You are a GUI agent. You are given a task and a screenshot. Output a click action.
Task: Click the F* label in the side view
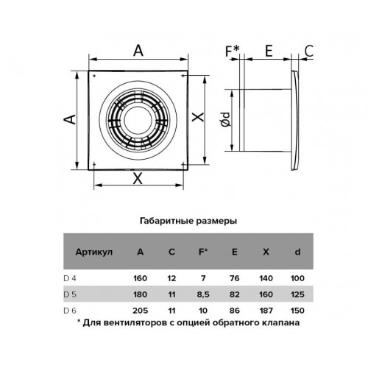(232, 51)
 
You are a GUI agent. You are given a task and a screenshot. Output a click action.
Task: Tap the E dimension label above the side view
(269, 51)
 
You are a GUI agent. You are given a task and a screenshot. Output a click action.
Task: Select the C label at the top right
(309, 51)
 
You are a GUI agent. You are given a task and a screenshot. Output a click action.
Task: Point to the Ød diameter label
(226, 120)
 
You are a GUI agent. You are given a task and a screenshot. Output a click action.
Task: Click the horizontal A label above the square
(138, 51)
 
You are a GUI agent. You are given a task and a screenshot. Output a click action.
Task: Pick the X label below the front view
(138, 178)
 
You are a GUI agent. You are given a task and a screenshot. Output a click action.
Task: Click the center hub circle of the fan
(138, 120)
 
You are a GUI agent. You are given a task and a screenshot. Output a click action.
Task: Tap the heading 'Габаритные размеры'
(188, 221)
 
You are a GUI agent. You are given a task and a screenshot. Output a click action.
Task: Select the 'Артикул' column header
(94, 252)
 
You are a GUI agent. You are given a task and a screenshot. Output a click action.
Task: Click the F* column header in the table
(203, 252)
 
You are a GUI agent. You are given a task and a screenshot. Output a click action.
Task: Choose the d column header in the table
(297, 252)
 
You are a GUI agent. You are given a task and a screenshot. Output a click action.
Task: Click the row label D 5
(70, 294)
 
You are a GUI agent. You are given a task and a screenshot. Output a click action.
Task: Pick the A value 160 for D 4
(141, 278)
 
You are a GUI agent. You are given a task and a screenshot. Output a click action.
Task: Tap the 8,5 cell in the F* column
(203, 294)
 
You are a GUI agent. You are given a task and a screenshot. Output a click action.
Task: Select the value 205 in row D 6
(141, 311)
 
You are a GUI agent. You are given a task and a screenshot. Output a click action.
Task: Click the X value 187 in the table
(266, 311)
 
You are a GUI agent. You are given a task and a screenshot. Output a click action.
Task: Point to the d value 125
(297, 294)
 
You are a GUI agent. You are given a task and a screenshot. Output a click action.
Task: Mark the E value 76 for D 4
(235, 278)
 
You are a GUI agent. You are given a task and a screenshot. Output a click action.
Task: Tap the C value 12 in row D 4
(171, 278)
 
